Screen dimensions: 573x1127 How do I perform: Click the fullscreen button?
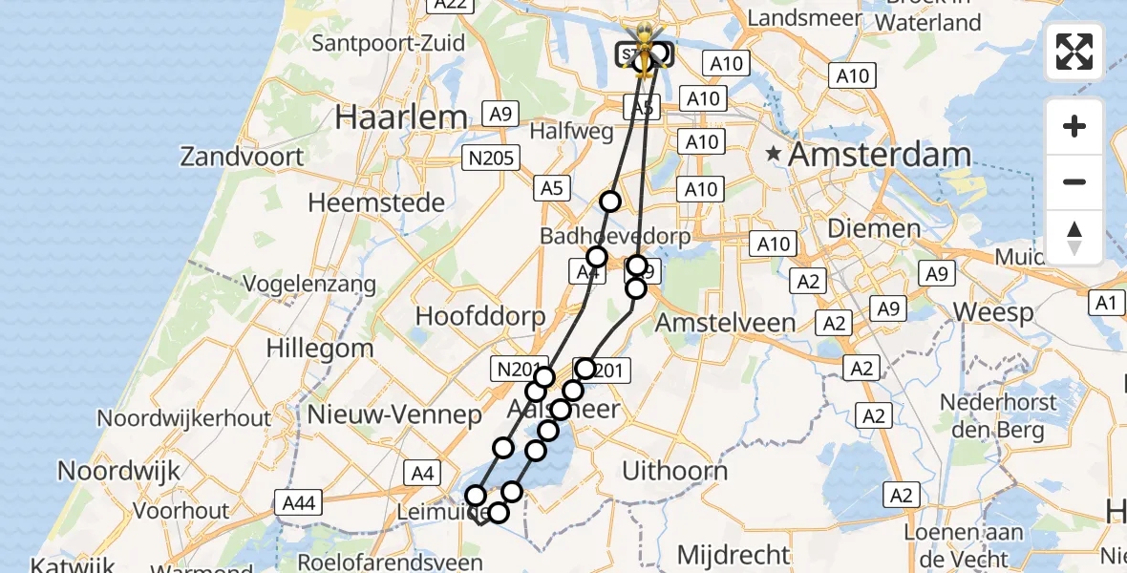[x=1074, y=52]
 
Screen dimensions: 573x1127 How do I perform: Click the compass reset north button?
[x=1074, y=238]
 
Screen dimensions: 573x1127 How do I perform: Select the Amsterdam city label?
[x=880, y=155]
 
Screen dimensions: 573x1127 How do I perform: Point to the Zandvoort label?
[x=243, y=157]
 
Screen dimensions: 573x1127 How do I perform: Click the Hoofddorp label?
[x=480, y=316]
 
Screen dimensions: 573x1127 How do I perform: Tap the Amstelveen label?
[x=725, y=323]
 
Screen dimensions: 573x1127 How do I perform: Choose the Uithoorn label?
[x=674, y=470]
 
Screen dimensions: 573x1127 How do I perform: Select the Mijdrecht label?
[x=734, y=554]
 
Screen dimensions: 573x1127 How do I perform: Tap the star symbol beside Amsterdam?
[x=774, y=154]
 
